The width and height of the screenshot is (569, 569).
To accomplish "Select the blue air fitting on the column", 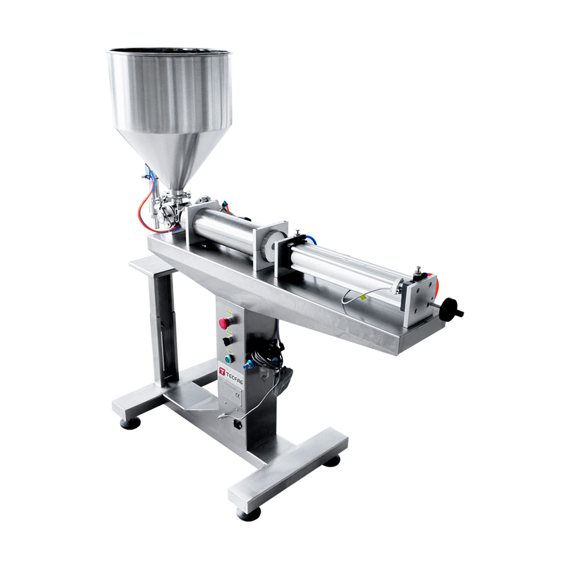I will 248,365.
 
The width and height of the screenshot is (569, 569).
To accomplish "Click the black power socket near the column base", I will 238,424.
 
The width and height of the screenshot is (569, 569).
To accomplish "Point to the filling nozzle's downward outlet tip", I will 154,226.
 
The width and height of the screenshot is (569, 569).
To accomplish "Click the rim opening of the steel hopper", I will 169,52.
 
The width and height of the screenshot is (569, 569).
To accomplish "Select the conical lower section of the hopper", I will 171,154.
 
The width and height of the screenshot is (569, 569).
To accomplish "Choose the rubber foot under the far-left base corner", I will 130,423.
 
